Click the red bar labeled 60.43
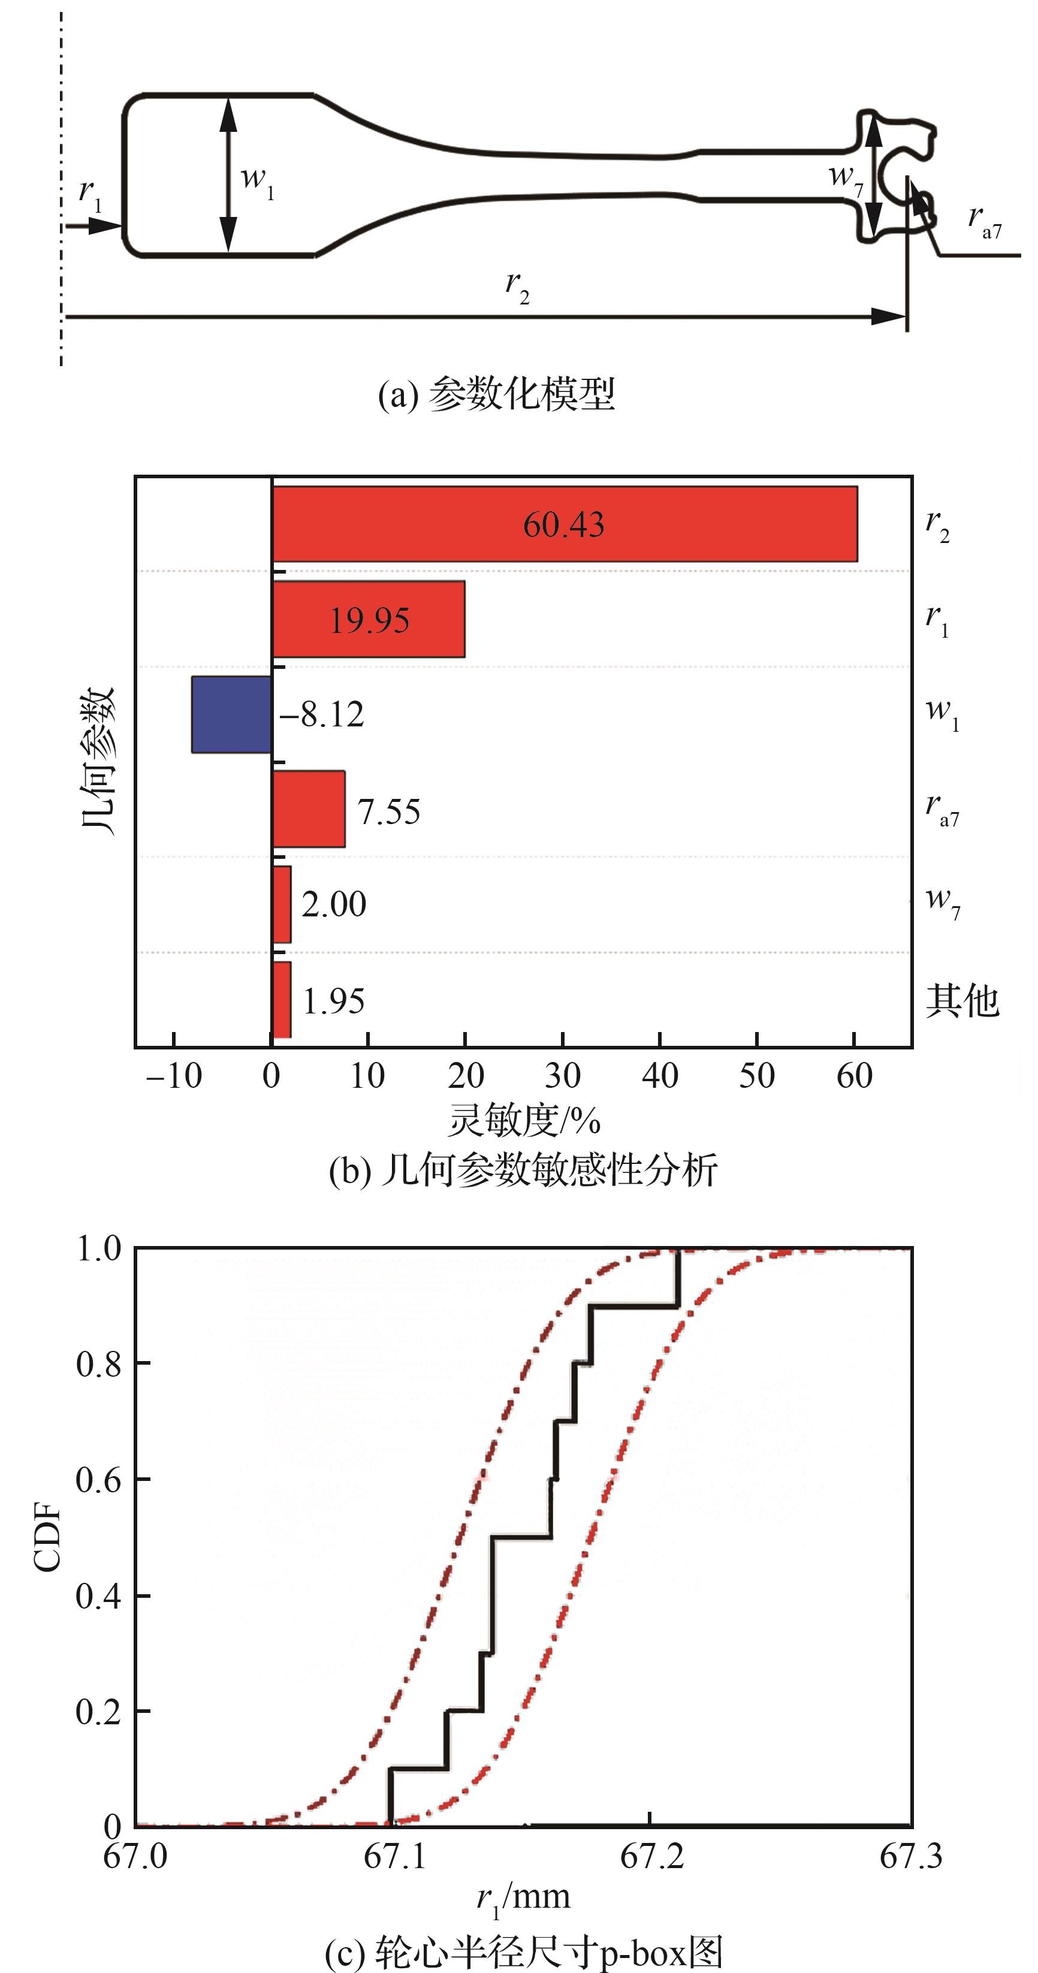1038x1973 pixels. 564,524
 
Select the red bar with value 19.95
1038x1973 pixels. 369,619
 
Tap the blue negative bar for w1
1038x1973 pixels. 231,714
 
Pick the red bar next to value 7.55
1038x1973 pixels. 309,809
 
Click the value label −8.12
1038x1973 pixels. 322,714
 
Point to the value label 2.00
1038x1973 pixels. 334,904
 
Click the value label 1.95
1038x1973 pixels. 334,1001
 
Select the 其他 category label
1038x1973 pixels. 962,1000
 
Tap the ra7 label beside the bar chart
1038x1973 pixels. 942,810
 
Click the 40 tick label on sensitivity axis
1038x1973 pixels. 660,1076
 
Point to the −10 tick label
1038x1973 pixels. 174,1076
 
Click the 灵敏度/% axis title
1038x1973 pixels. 524,1121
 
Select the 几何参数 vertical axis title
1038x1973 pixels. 98,760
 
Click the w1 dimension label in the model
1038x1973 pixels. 257,179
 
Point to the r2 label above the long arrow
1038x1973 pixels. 517,286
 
